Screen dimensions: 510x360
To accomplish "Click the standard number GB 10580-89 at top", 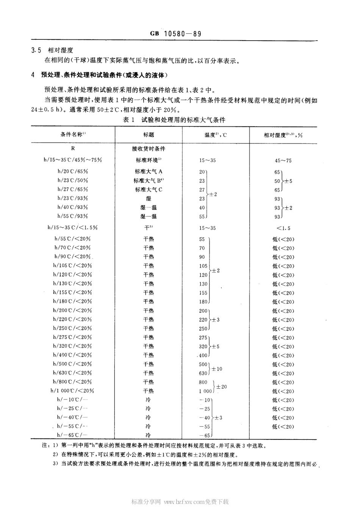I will (x=175, y=34).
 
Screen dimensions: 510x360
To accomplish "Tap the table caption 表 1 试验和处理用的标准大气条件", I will (x=174, y=120).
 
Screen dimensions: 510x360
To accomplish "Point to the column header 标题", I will (x=149, y=135).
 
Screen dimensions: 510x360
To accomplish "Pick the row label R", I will (x=73, y=149).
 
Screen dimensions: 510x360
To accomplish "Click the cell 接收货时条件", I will (x=149, y=149).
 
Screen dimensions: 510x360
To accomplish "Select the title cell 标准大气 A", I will (x=149, y=171).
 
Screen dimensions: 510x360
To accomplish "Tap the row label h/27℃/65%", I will (x=73, y=189).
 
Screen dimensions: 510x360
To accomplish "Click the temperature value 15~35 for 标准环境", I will (x=207, y=160).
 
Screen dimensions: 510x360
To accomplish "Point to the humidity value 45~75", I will (x=283, y=160).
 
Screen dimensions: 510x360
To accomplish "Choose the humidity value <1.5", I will (x=283, y=228).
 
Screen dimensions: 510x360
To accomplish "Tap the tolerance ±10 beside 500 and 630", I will (x=217, y=369).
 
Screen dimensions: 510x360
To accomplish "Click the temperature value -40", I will (x=205, y=418).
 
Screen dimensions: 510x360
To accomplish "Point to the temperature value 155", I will (x=203, y=293).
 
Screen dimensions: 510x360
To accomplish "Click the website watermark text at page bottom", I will (x=180, y=502).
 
